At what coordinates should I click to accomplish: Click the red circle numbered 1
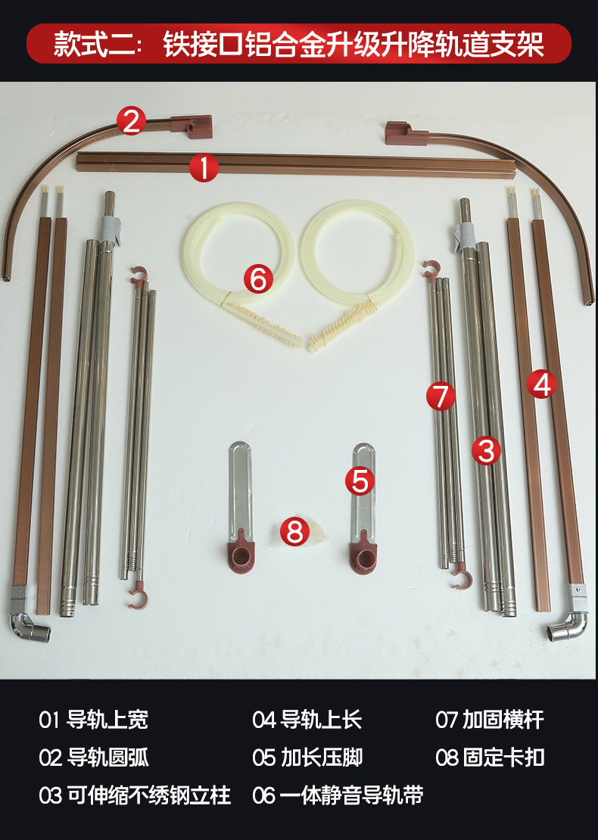pos(204,167)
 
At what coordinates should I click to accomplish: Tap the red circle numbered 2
pos(131,120)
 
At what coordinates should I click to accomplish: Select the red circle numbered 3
pos(486,450)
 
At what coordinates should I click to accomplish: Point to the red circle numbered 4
pos(541,384)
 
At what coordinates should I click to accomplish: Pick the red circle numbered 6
pos(258,278)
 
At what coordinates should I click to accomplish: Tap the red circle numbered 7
pos(441,396)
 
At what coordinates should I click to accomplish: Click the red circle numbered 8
pos(294,531)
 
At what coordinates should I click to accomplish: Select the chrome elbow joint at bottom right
pos(567,627)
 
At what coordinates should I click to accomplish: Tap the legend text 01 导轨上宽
pos(93,720)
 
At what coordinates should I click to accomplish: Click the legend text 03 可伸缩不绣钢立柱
pos(135,795)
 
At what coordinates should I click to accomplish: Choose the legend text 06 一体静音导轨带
pos(338,795)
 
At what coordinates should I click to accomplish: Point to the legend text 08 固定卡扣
pos(490,758)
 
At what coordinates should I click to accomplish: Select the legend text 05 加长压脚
pos(307,758)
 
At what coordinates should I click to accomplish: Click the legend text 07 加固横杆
pos(490,720)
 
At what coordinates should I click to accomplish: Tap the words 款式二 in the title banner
pos(94,44)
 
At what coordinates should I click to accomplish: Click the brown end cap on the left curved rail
pos(192,126)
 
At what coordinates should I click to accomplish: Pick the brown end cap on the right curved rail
pos(406,133)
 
